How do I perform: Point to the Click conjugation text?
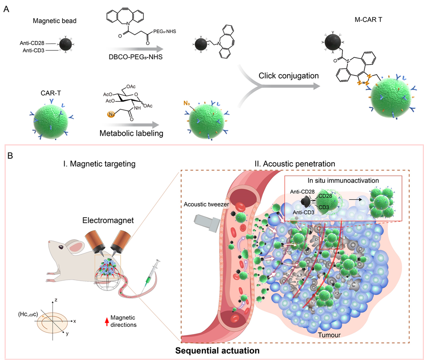pyautogui.click(x=282, y=75)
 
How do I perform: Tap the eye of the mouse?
pyautogui.click(x=61, y=247)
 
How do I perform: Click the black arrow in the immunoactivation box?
pyautogui.click(x=354, y=199)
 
